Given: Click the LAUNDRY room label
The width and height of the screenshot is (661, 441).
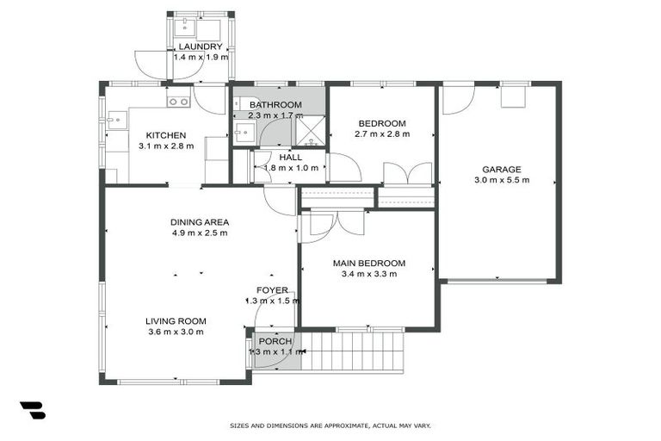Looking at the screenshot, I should click(200, 47).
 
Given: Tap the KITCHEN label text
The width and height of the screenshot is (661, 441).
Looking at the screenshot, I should click(165, 135).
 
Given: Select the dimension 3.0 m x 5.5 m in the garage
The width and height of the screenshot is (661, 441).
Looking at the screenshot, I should click(501, 180).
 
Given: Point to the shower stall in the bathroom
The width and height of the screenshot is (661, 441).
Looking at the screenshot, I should click(310, 130).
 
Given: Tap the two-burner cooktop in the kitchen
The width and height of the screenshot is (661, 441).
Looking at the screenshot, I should click(179, 102).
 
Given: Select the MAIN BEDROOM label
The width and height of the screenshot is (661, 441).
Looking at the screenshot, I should click(368, 263).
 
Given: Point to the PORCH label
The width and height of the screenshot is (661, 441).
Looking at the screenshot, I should click(275, 341).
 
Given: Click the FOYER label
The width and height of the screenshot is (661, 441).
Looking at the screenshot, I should click(272, 290).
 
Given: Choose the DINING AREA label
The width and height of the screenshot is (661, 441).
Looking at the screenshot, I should click(199, 221).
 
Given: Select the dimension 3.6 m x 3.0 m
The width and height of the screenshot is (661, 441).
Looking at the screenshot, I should click(176, 332).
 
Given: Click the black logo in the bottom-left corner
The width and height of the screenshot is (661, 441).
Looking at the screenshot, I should click(32, 410).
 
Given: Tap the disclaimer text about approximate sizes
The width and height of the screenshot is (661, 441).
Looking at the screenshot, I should click(330, 425).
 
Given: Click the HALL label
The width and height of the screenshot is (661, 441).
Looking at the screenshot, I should click(277, 157).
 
